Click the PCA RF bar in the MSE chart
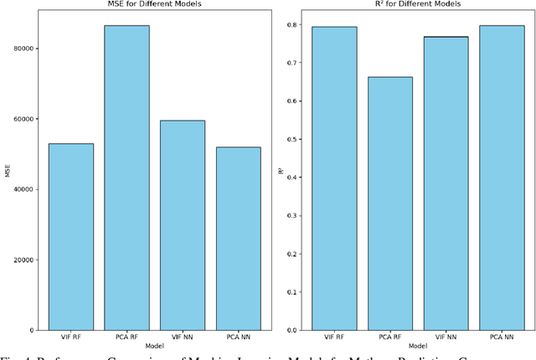[127, 177]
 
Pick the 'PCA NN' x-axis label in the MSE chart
[238, 337]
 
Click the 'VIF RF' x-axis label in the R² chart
[335, 337]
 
